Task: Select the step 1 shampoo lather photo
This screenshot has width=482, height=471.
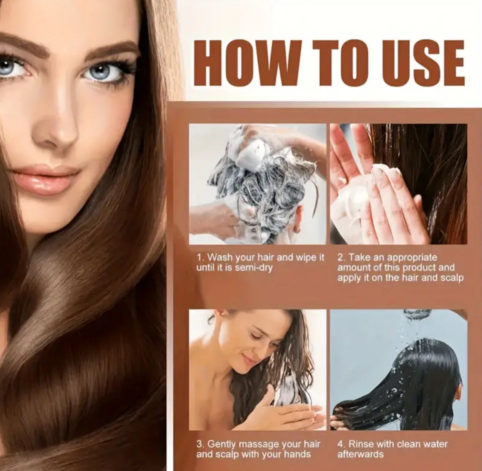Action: [258, 184]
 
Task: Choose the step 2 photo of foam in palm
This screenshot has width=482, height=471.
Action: [399, 184]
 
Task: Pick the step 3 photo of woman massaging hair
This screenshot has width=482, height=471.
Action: [258, 370]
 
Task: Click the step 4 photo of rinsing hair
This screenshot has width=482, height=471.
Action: [399, 370]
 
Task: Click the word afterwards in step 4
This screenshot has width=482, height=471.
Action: [361, 454]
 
